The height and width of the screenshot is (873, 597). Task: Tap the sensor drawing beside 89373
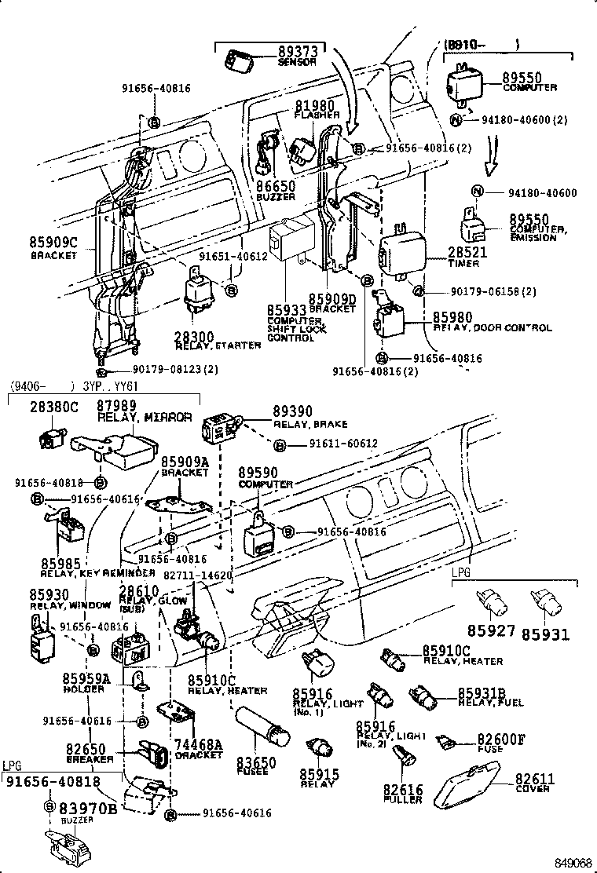coord(237,58)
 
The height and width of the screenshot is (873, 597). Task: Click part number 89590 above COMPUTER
coord(259,473)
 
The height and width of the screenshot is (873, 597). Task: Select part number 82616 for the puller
coord(403,789)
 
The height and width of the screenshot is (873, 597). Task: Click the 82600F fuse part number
coord(501,740)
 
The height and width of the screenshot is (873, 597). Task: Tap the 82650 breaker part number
coord(86,750)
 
